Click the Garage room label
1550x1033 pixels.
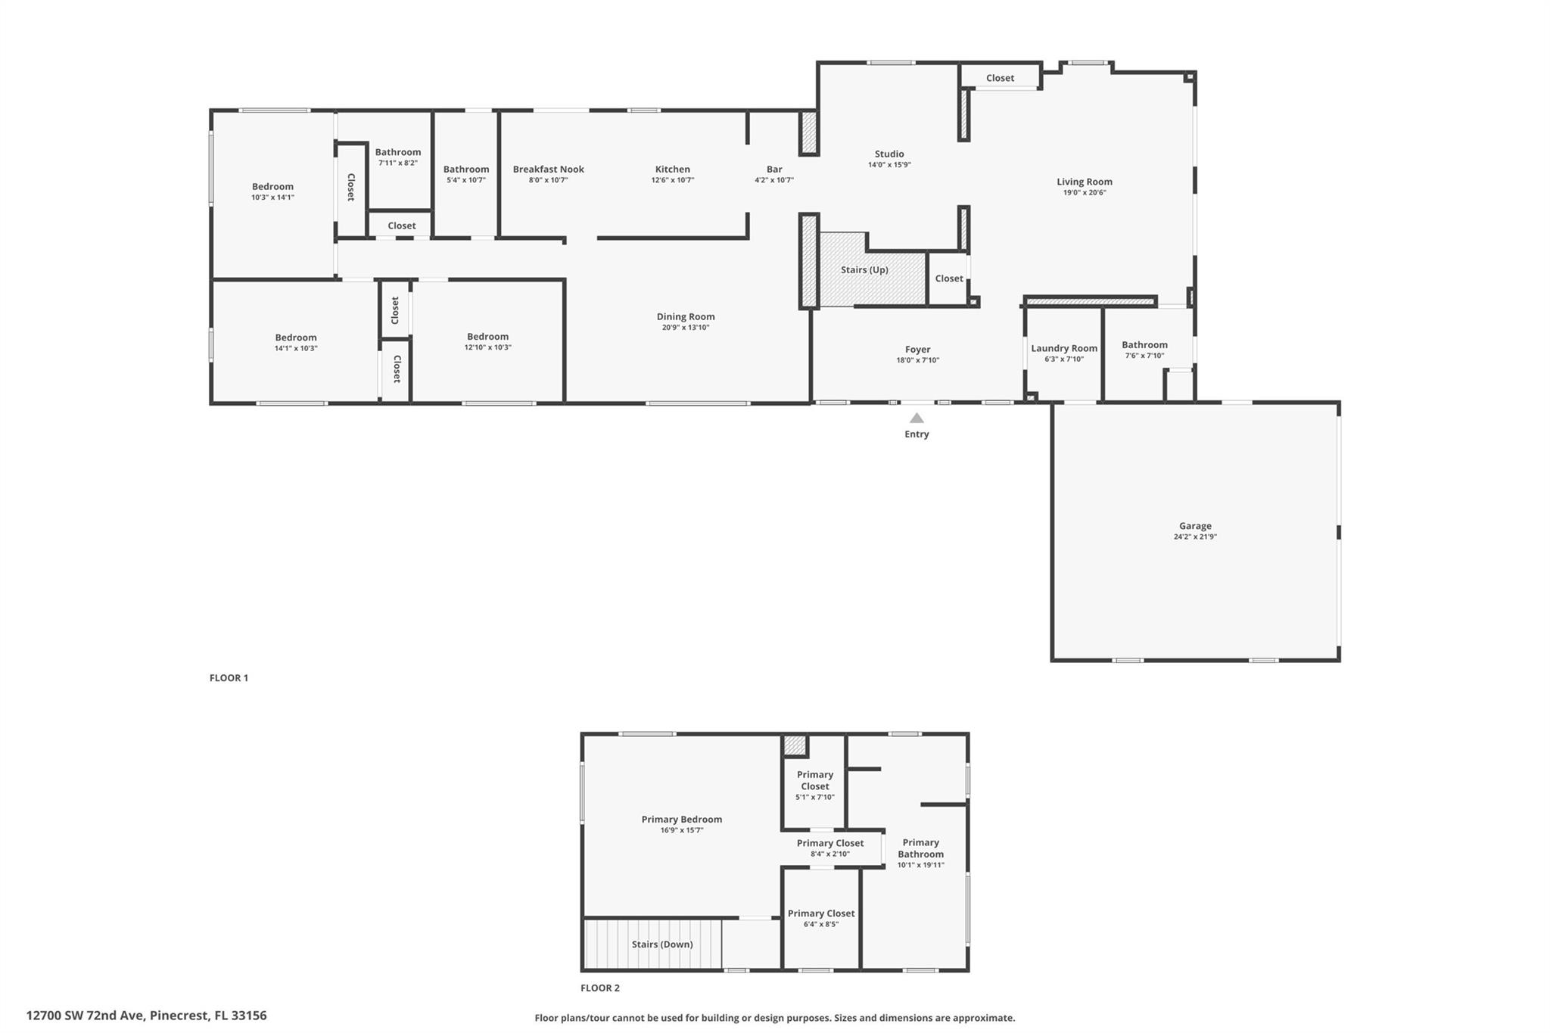coord(1195,526)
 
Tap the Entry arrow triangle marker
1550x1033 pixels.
coord(917,418)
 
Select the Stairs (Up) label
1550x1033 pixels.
coord(864,270)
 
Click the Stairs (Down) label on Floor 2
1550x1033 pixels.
coord(662,944)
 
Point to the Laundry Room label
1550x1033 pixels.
coord(1064,348)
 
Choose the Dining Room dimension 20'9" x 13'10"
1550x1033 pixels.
coord(686,328)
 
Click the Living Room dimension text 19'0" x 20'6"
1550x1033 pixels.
coord(1085,193)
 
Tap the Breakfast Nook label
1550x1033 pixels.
coord(549,170)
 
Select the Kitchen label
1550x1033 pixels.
coord(673,170)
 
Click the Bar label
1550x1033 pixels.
coord(774,170)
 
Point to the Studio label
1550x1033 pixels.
coord(889,154)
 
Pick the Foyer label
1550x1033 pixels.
coord(917,350)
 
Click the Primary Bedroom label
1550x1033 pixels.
coord(682,819)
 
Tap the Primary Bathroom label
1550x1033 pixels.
coord(921,848)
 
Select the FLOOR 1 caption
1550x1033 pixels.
coord(229,678)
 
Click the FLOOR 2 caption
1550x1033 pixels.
coord(600,988)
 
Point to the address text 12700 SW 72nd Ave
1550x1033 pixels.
coord(85,1016)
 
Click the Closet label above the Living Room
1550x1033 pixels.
coord(1000,78)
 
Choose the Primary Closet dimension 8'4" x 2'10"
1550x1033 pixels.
coord(830,854)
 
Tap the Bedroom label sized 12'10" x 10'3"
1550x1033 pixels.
coord(487,337)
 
